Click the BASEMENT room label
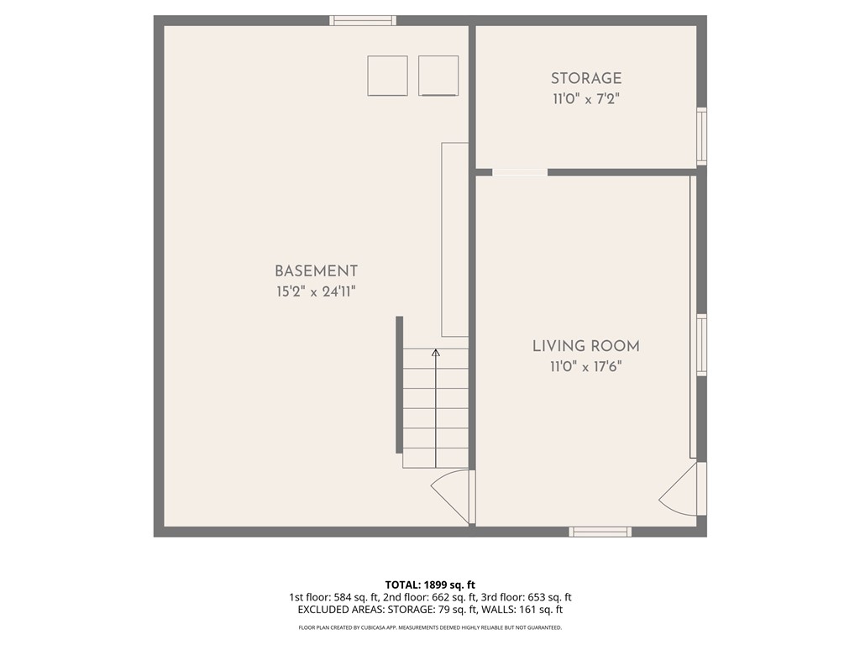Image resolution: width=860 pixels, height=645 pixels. click(x=316, y=271)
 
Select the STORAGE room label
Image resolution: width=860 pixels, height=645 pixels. click(x=586, y=78)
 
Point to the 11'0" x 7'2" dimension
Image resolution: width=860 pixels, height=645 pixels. click(x=586, y=99)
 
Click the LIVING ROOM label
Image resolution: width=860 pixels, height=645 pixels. click(x=585, y=346)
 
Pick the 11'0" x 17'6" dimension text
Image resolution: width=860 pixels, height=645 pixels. click(x=585, y=366)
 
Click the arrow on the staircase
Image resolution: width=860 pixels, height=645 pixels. click(x=436, y=354)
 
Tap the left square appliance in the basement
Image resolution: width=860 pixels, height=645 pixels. click(x=387, y=76)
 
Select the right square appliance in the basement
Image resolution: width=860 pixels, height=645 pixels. click(x=438, y=76)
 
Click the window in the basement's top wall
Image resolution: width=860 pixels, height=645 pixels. click(x=362, y=20)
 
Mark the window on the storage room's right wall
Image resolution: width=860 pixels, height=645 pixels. click(x=701, y=136)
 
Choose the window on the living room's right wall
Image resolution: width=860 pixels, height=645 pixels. click(x=701, y=344)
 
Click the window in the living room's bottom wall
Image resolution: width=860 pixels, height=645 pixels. click(x=600, y=532)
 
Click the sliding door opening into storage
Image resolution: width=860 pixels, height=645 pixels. click(x=519, y=172)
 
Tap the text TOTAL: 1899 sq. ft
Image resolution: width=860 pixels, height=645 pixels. click(x=430, y=585)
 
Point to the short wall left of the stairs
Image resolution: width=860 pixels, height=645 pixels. click(x=399, y=385)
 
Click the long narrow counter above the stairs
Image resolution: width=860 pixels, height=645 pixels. click(x=454, y=239)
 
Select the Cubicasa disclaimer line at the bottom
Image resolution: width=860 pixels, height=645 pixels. click(x=430, y=627)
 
